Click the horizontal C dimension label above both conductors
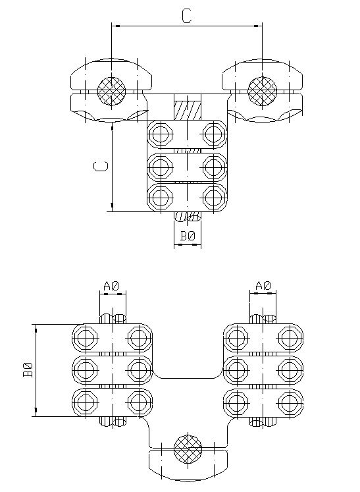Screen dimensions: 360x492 click(x=187, y=16)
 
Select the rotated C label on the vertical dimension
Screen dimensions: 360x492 click(x=101, y=166)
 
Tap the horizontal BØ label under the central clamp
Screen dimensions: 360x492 click(x=188, y=236)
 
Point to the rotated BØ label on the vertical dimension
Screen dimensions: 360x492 click(x=28, y=369)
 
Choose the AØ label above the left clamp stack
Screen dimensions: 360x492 click(x=112, y=286)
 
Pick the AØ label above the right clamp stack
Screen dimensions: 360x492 click(x=263, y=286)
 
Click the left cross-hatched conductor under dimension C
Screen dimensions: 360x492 click(x=112, y=92)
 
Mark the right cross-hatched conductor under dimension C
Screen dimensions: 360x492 click(x=262, y=92)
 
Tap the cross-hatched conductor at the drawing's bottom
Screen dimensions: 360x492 click(x=188, y=449)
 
